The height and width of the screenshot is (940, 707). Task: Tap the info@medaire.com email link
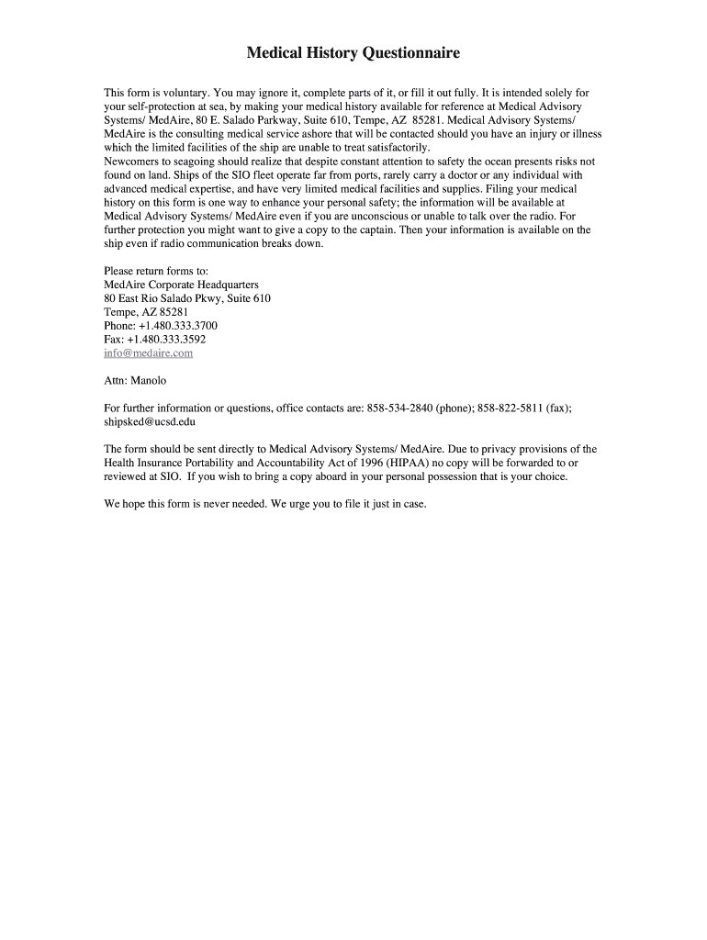point(148,352)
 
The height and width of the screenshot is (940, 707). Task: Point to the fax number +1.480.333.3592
point(172,339)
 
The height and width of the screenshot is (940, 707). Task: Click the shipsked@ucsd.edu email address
point(150,421)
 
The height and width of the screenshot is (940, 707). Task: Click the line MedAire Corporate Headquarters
point(181,285)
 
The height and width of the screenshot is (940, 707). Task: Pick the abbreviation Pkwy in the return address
point(204,298)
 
